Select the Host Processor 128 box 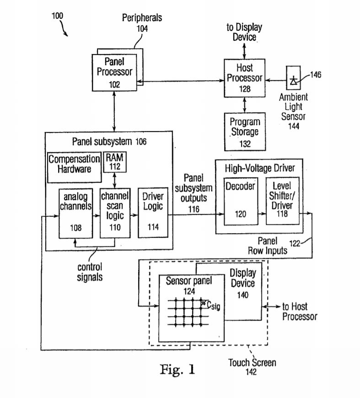pos(245,78)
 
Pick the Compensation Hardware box pos(74,164)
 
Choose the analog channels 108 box pos(75,212)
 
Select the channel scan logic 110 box pos(115,212)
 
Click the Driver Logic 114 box pos(153,212)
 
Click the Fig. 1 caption pos(177,369)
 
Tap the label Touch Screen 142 pos(252,367)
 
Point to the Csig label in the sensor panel pos(213,305)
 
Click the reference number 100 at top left pos(57,16)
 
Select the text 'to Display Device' pos(244,32)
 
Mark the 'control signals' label pos(90,272)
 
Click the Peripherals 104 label pos(142,22)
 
